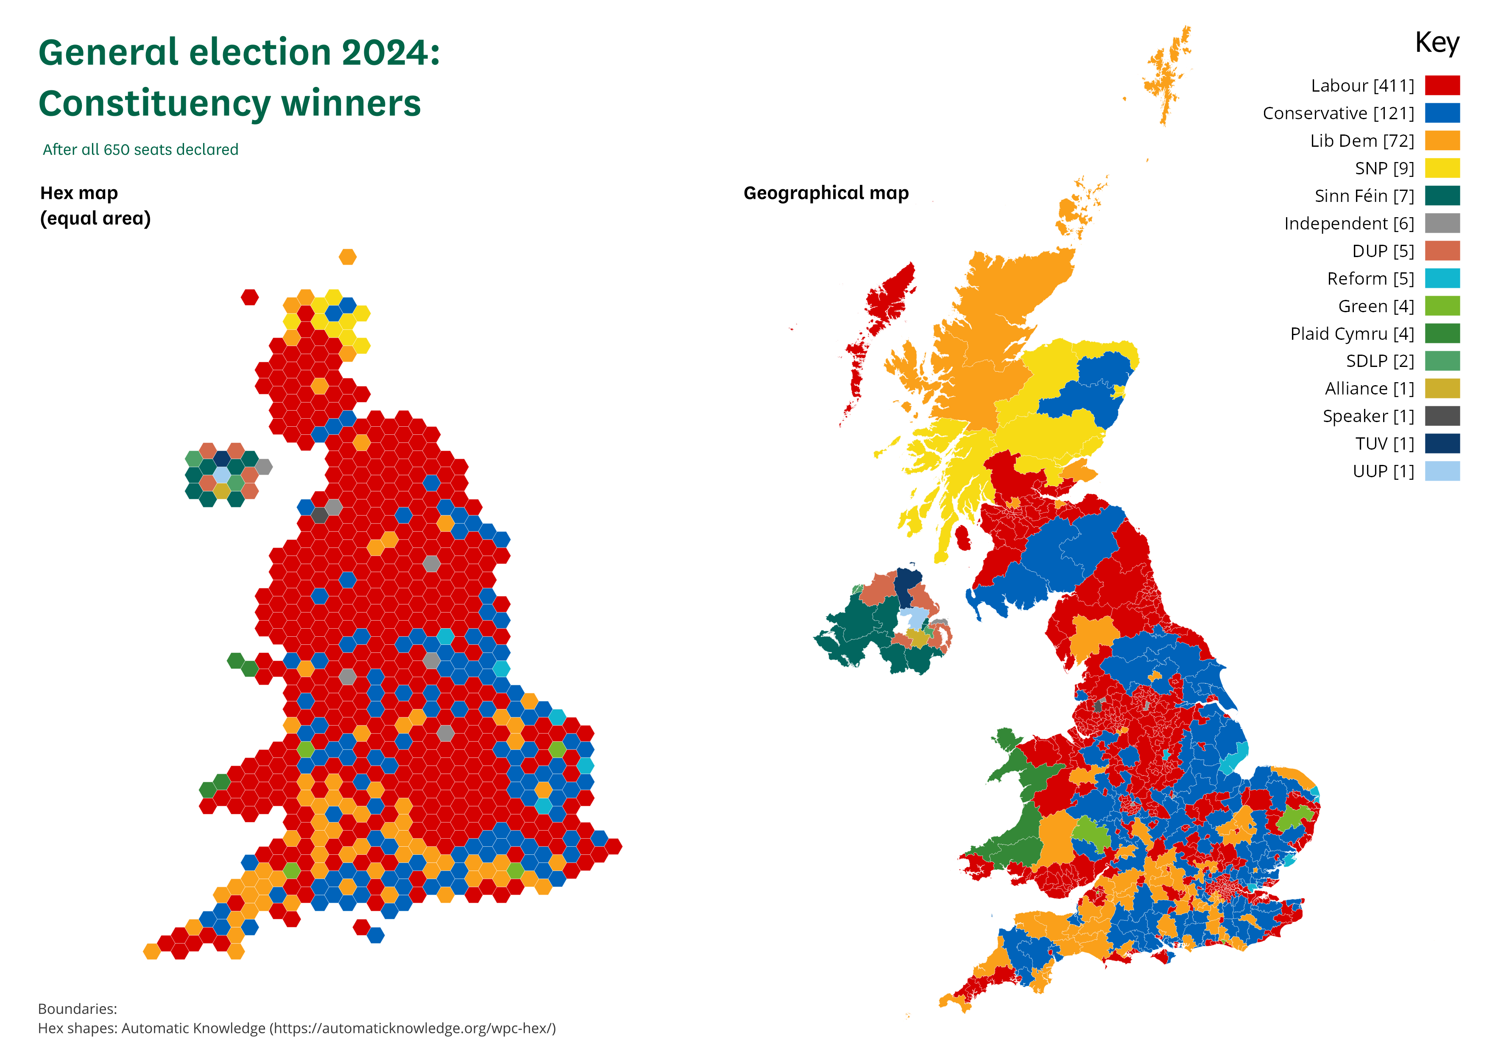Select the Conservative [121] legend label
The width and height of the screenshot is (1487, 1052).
click(1338, 113)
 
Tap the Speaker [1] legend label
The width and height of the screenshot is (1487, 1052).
click(1368, 416)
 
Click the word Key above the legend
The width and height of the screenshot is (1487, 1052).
click(1437, 43)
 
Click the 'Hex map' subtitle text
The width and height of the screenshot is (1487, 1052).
click(79, 193)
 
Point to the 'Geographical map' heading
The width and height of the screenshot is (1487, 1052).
click(826, 193)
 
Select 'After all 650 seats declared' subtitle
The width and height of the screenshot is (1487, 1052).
click(140, 150)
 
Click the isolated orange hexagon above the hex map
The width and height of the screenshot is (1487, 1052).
click(348, 257)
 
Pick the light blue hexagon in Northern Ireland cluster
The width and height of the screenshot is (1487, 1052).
click(221, 475)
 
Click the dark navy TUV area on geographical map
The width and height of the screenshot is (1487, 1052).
click(907, 583)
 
